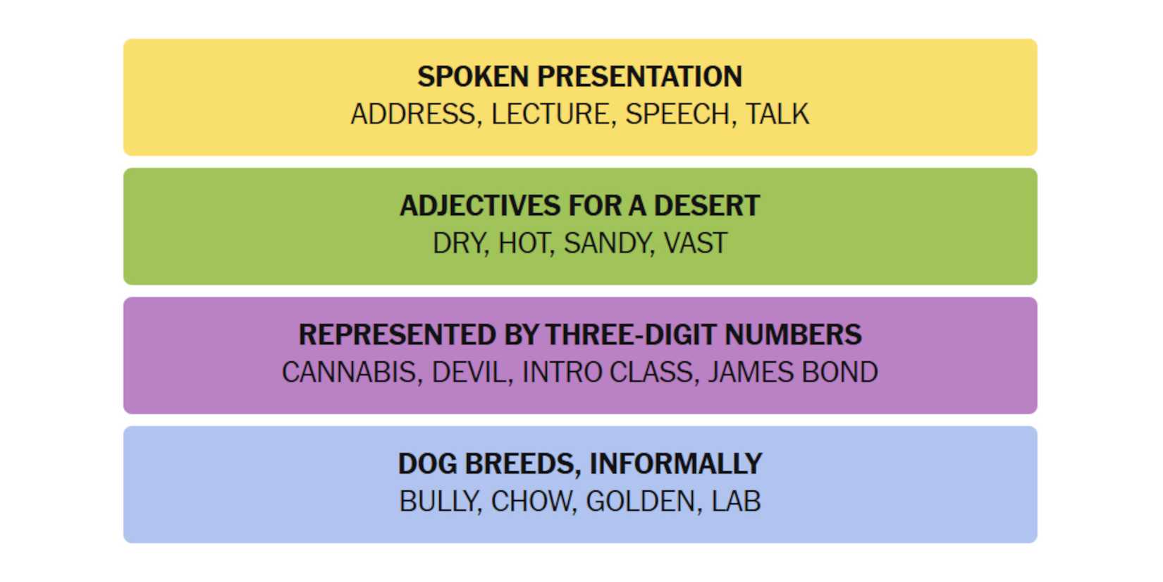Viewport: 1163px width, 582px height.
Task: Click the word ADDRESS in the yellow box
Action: pos(413,114)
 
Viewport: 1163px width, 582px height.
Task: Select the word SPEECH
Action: pos(677,114)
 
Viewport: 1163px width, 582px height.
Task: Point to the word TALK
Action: pos(777,114)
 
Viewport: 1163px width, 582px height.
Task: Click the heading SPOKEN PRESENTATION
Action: pos(580,76)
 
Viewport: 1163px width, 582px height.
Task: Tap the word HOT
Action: pos(524,243)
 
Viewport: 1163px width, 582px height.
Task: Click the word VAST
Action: pos(696,243)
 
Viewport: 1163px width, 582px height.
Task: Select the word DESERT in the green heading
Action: pos(707,206)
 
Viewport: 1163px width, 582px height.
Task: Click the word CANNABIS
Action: pos(349,372)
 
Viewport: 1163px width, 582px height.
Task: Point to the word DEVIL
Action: pos(469,372)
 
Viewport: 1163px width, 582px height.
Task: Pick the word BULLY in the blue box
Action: pos(438,502)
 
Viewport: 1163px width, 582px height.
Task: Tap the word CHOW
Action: pos(531,502)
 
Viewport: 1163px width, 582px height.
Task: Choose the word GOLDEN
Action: pos(641,502)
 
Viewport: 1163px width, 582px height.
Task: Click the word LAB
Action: pos(737,502)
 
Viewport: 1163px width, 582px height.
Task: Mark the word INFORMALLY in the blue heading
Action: pos(676,464)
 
